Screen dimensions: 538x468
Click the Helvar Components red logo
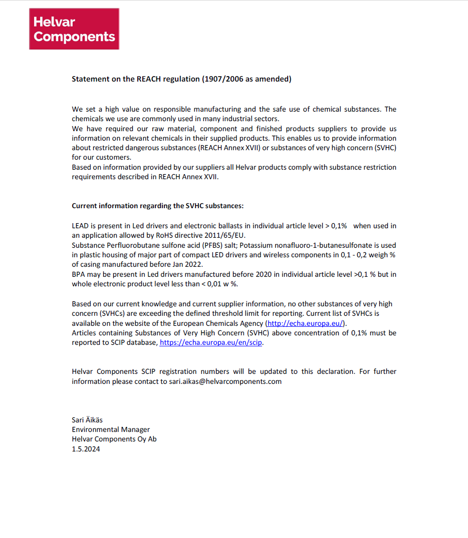74,29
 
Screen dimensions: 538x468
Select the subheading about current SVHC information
158,206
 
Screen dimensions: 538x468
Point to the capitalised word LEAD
80,226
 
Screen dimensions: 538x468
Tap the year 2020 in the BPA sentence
266,274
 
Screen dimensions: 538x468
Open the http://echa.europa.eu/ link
306,323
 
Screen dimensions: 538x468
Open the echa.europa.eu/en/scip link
211,342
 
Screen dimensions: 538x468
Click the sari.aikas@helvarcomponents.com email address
225,381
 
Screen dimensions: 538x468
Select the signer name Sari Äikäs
87,420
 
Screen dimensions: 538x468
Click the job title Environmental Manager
111,429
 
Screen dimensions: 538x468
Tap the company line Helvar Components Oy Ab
114,439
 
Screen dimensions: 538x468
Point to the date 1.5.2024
86,449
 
